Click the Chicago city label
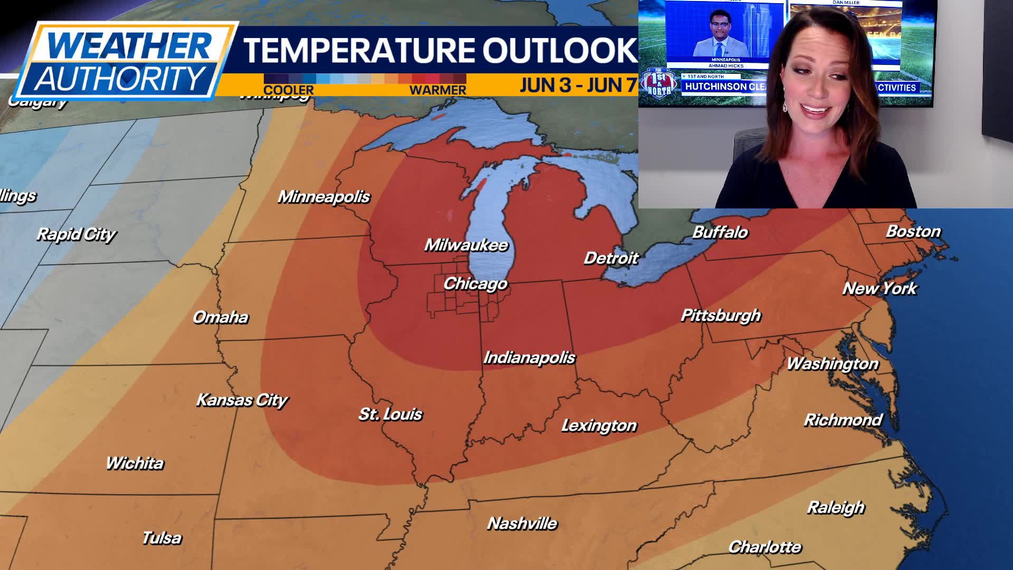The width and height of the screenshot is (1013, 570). pyautogui.click(x=475, y=284)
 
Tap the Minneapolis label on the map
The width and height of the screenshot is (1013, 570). pyautogui.click(x=323, y=197)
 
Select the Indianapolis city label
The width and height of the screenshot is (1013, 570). pyautogui.click(x=529, y=358)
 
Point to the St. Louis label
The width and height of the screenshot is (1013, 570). pyautogui.click(x=390, y=414)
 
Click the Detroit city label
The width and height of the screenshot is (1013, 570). pyautogui.click(x=611, y=258)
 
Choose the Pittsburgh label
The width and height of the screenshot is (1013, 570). pyautogui.click(x=721, y=316)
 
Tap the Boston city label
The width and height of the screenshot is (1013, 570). pyautogui.click(x=913, y=231)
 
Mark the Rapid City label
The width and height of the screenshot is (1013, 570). pyautogui.click(x=76, y=234)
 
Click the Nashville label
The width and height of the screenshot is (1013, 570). pyautogui.click(x=522, y=524)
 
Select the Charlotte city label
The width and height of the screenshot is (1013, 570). pyautogui.click(x=764, y=547)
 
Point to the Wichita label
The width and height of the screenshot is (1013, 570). pyautogui.click(x=135, y=463)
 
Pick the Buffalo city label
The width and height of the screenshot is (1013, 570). pyautogui.click(x=720, y=232)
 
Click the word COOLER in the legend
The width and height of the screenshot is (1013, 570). pyautogui.click(x=288, y=90)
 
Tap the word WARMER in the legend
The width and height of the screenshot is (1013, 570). pyautogui.click(x=437, y=90)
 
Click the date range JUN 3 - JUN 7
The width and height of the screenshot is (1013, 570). pyautogui.click(x=578, y=85)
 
